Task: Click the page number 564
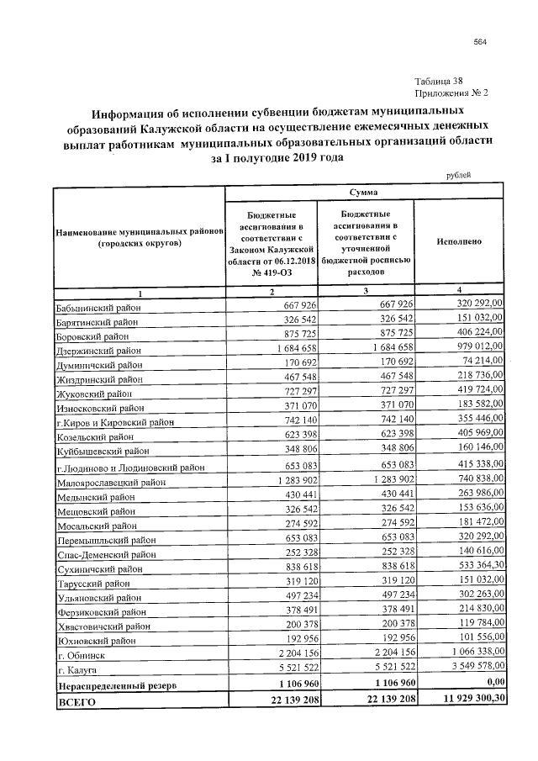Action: (x=480, y=42)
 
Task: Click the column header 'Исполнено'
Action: (x=459, y=241)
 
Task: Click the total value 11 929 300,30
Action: (x=466, y=700)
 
